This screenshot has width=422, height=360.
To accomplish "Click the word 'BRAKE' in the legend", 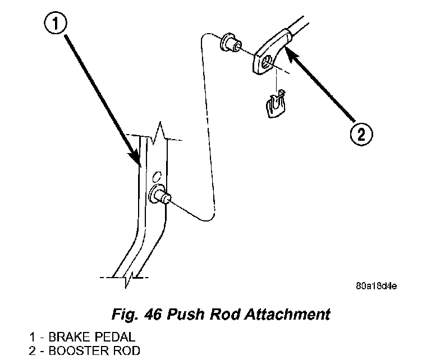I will pos(68,338).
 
